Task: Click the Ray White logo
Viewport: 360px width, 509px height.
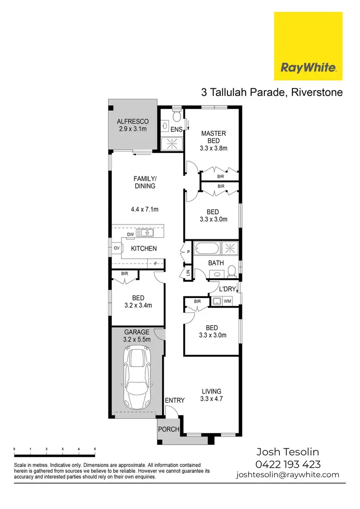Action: pos(308,46)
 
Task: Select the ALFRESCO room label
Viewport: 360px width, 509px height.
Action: pos(133,121)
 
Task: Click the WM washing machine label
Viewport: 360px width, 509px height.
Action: pos(228,301)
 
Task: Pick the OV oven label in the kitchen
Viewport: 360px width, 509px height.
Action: pos(116,248)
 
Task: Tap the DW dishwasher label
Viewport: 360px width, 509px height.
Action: pos(130,234)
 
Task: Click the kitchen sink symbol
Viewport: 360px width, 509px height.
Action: pos(144,233)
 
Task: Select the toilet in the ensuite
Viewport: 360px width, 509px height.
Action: pos(176,116)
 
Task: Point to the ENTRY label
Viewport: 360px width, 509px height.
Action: pos(174,401)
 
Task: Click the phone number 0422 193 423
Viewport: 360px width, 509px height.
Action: pos(288,464)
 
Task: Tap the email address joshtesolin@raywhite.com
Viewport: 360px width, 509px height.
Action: pos(288,475)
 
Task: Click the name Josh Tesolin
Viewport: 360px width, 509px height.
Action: pos(288,452)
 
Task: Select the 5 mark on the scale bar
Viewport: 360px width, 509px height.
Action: pos(95,449)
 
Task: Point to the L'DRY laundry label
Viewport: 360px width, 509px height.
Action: pos(227,289)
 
